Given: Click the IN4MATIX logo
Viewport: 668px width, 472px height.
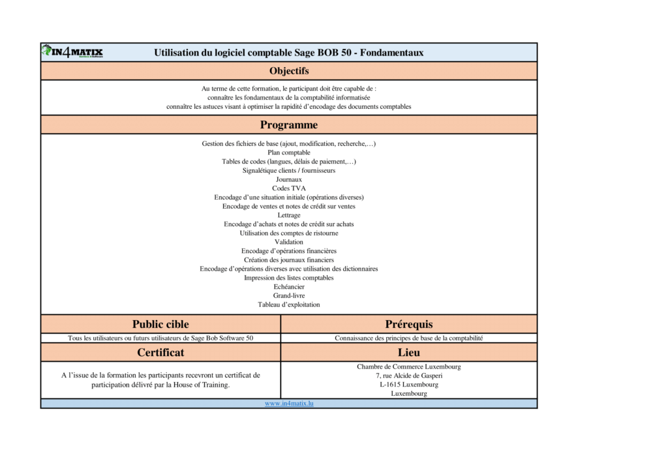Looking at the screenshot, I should pyautogui.click(x=72, y=52).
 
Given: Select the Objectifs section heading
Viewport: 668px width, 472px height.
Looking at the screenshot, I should pyautogui.click(x=289, y=71).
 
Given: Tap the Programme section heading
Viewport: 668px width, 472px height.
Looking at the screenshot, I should pyautogui.click(x=289, y=125).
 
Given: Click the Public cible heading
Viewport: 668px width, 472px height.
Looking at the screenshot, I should pyautogui.click(x=160, y=324).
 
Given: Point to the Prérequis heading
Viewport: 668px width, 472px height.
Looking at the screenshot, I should pyautogui.click(x=409, y=324).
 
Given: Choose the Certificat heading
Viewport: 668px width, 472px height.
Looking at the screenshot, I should pyautogui.click(x=160, y=353).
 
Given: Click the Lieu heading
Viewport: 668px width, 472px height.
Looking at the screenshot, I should pyautogui.click(x=409, y=353).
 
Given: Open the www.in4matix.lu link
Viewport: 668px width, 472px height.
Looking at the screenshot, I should pyautogui.click(x=289, y=404).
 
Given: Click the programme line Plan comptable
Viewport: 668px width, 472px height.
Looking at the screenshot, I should pyautogui.click(x=289, y=153).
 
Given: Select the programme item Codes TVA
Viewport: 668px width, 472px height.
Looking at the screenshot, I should pyautogui.click(x=289, y=188).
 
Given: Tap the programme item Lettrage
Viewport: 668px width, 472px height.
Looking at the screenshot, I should pyautogui.click(x=289, y=215).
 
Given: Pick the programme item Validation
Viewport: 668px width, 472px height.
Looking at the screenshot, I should pyautogui.click(x=289, y=242).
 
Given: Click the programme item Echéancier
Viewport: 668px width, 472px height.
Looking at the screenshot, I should pyautogui.click(x=289, y=287).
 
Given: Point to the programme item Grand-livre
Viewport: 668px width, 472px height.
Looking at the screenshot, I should pyautogui.click(x=289, y=295).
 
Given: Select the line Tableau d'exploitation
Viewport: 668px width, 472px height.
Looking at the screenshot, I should pyautogui.click(x=289, y=304).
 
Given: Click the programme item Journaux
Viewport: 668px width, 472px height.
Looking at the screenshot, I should pyautogui.click(x=289, y=179).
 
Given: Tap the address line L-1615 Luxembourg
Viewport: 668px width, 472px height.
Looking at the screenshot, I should pyautogui.click(x=409, y=385).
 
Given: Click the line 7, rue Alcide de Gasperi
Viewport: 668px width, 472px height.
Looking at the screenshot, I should pyautogui.click(x=409, y=376).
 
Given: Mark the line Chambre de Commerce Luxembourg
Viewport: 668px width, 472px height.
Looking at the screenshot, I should pyautogui.click(x=409, y=366).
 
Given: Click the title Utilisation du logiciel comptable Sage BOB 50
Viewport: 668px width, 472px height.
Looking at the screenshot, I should pyautogui.click(x=289, y=53).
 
